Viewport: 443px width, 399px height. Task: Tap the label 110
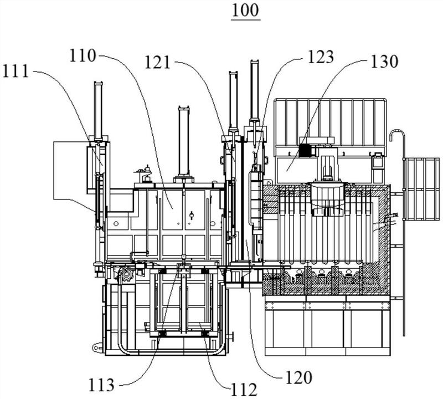pos(83,55)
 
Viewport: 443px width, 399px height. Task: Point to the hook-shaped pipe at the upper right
pos(395,139)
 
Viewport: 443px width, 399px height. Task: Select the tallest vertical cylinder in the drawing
pos(255,91)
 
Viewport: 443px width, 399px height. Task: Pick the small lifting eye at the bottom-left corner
pos(97,348)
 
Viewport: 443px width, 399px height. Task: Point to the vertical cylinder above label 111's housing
pos(99,111)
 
